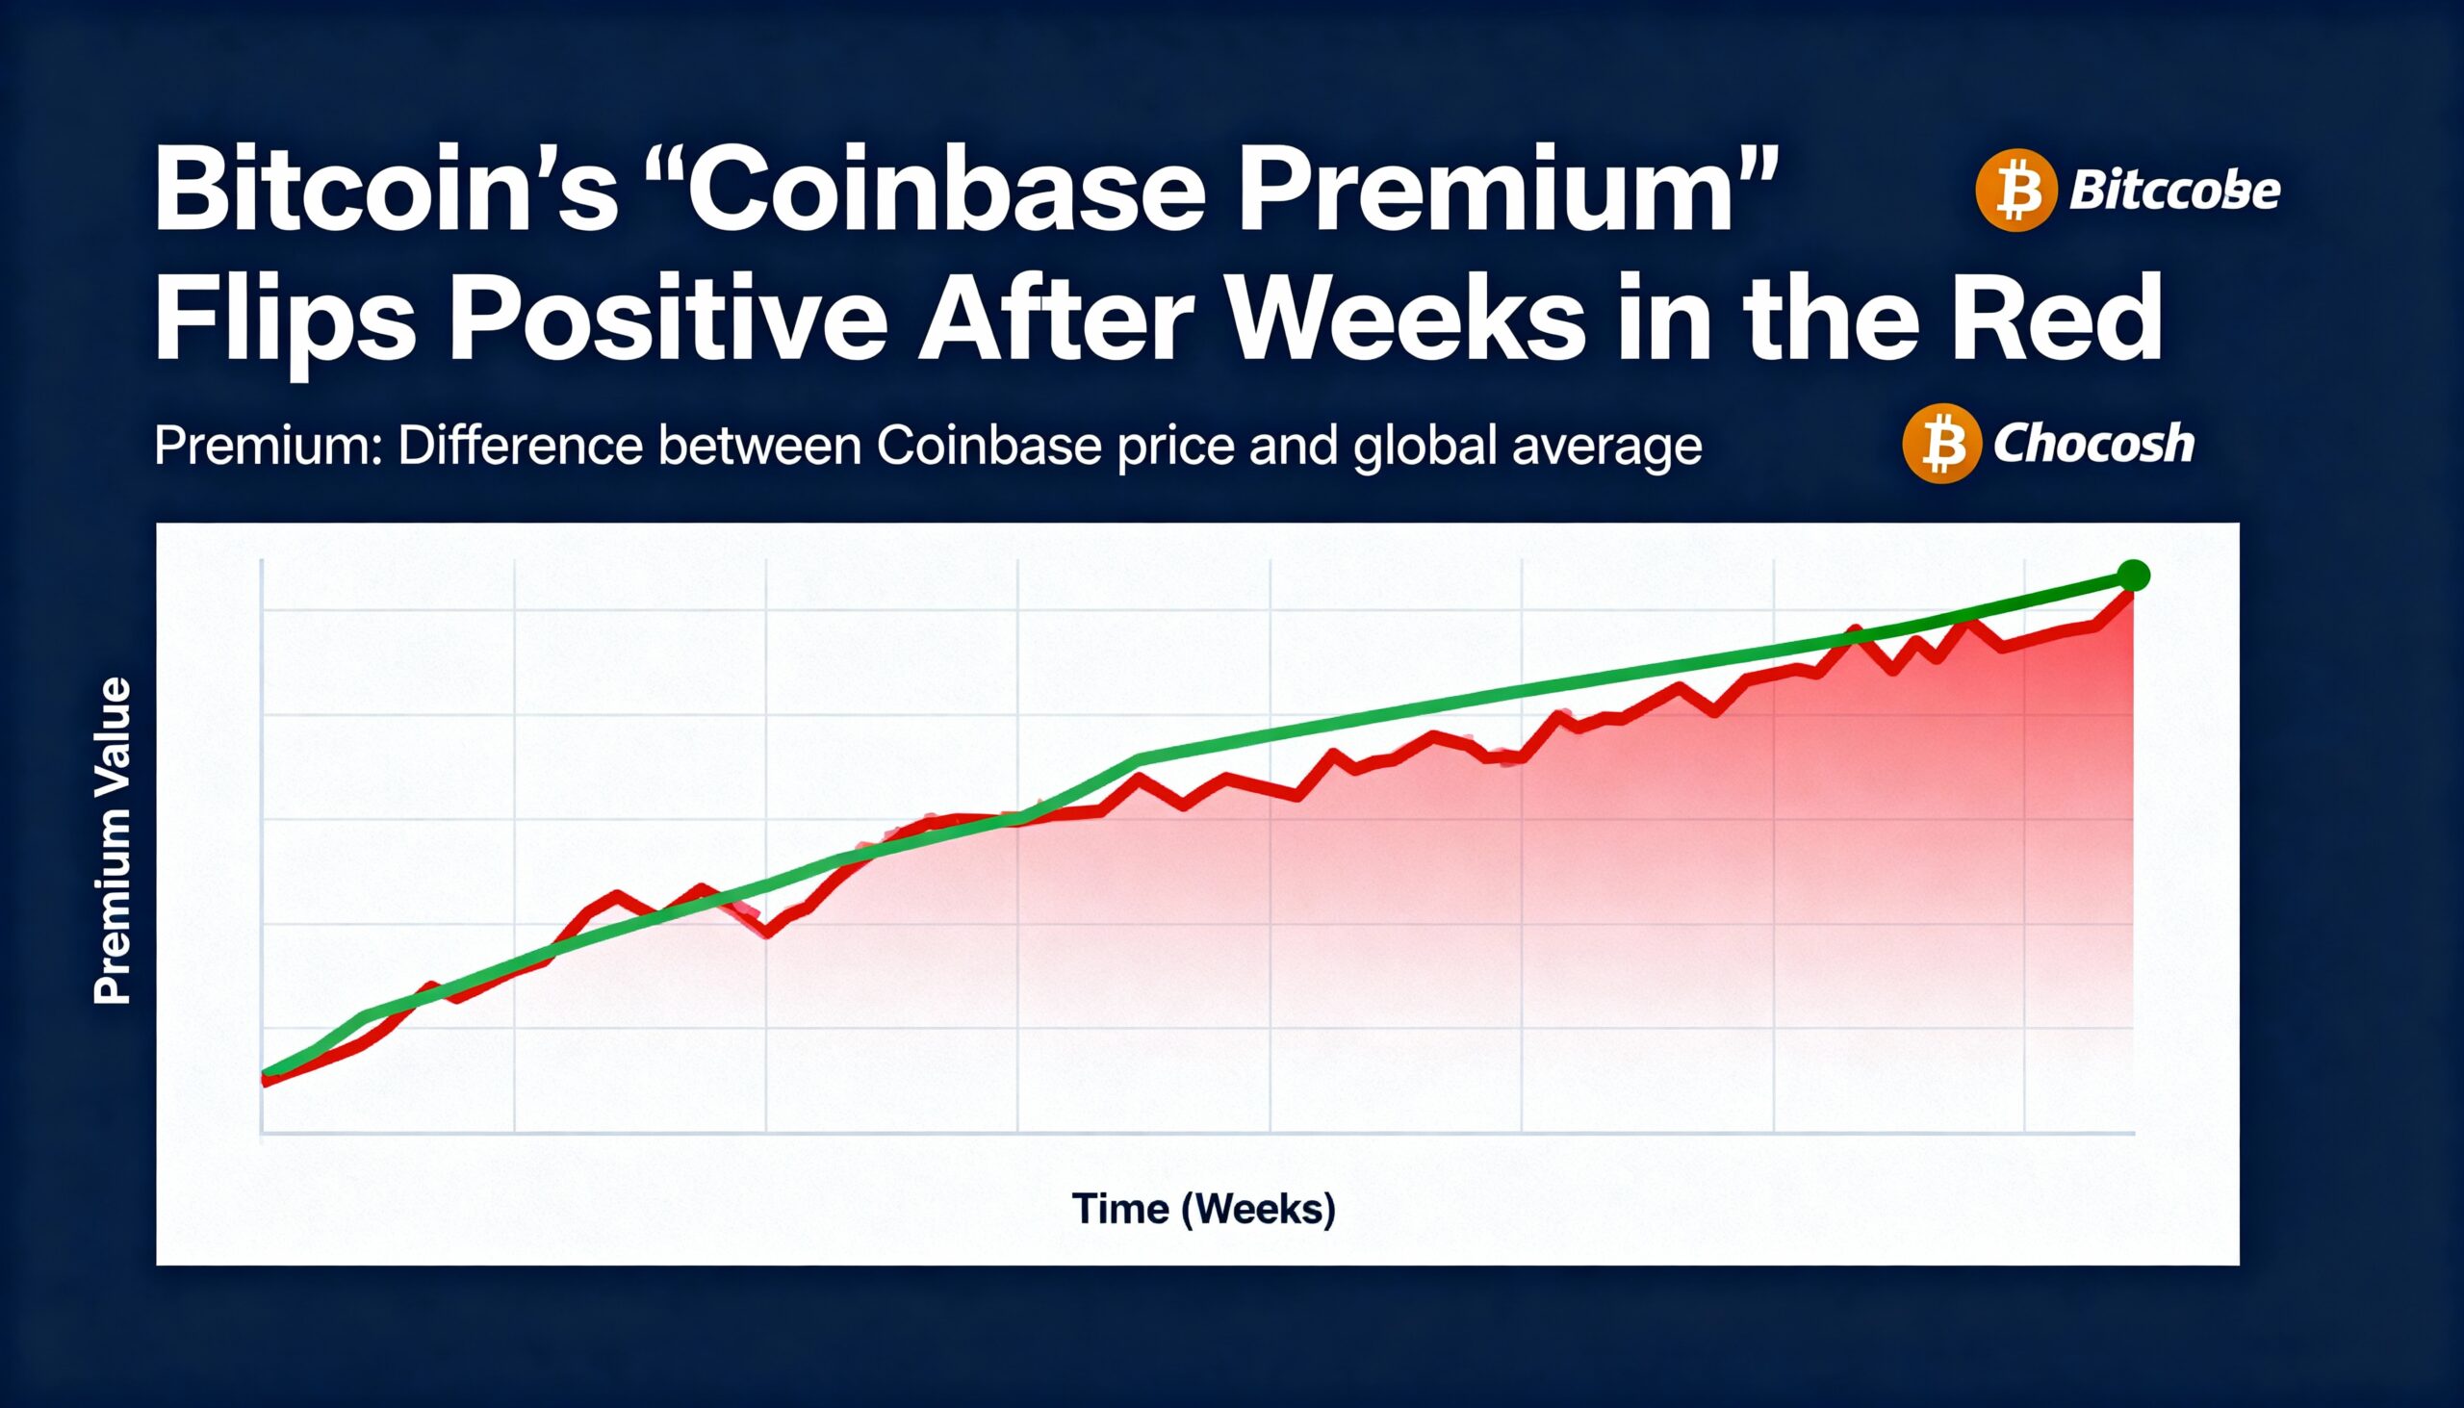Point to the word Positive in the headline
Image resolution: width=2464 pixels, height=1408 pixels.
tap(667, 320)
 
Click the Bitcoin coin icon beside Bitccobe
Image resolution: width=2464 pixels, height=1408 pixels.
tap(2015, 191)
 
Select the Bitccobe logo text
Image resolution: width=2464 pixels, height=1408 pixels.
tap(2174, 191)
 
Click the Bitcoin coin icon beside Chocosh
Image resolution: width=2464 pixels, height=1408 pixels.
tap(1941, 444)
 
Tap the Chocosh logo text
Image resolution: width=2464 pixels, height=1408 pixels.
tap(2093, 444)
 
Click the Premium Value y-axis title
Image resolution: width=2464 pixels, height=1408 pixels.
tap(113, 840)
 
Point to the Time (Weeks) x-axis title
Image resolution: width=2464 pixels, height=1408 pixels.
tap(1203, 1209)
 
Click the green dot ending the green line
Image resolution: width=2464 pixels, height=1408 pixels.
tap(2133, 576)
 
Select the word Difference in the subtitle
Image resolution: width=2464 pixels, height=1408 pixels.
tap(521, 446)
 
